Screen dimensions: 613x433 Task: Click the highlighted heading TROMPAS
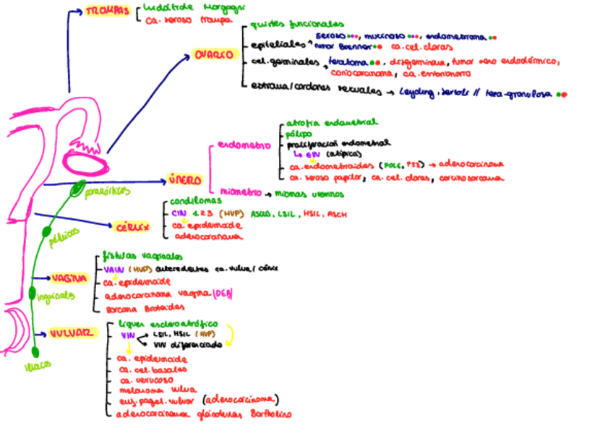click(108, 12)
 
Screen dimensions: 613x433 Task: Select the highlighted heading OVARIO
click(213, 56)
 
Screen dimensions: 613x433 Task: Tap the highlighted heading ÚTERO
click(186, 179)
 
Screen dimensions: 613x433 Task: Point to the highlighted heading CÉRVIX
click(133, 228)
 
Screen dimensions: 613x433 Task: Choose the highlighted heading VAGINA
click(69, 278)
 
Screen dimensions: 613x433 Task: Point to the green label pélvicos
click(64, 241)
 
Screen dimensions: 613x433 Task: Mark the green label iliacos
click(37, 365)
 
